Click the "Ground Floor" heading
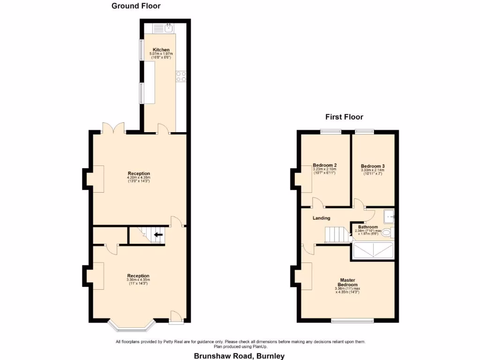[136, 6]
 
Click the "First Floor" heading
[345, 117]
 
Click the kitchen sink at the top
[168, 28]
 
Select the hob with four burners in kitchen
[181, 76]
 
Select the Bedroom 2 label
[325, 165]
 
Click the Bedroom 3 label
[373, 166]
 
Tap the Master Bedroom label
[348, 282]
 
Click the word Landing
[322, 218]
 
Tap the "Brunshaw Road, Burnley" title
[240, 356]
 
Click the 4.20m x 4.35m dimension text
[138, 178]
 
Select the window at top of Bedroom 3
[364, 132]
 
